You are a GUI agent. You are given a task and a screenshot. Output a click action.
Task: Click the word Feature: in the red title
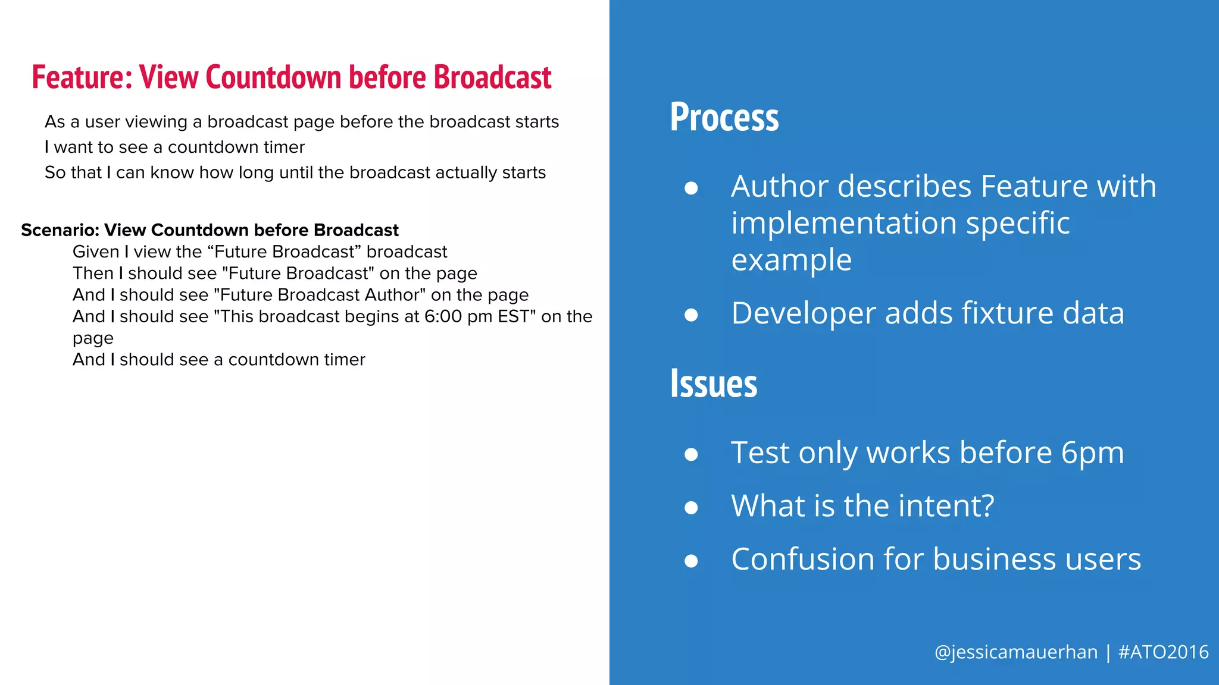click(x=82, y=77)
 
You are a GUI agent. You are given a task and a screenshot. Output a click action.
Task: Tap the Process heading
click(x=724, y=117)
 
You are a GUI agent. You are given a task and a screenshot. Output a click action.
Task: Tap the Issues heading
click(x=713, y=384)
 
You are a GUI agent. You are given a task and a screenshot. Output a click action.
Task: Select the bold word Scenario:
click(x=60, y=230)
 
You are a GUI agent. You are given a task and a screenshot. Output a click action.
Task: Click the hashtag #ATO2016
click(x=1163, y=652)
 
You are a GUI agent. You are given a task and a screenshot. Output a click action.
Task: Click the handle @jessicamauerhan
click(x=1015, y=652)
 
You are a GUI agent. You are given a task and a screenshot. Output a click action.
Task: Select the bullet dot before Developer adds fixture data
click(x=691, y=314)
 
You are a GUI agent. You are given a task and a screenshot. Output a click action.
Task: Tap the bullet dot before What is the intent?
click(x=691, y=507)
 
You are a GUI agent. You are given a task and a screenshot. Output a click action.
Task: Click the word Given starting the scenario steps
click(x=96, y=252)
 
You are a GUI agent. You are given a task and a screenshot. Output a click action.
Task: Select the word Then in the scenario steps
click(x=93, y=274)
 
